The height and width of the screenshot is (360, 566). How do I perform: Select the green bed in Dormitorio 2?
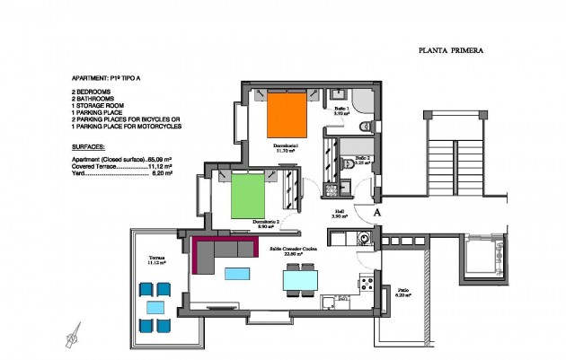pos(249,196)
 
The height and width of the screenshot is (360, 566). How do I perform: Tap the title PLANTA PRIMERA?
pos(451,51)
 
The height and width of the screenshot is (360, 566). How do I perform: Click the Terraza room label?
pos(158,259)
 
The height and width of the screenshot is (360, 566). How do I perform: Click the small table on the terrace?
pos(155,306)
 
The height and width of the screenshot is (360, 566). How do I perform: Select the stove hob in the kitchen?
pos(367,284)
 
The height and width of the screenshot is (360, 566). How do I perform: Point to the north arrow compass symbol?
pos(70,338)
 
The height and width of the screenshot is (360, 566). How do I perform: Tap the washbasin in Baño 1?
pos(340,93)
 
